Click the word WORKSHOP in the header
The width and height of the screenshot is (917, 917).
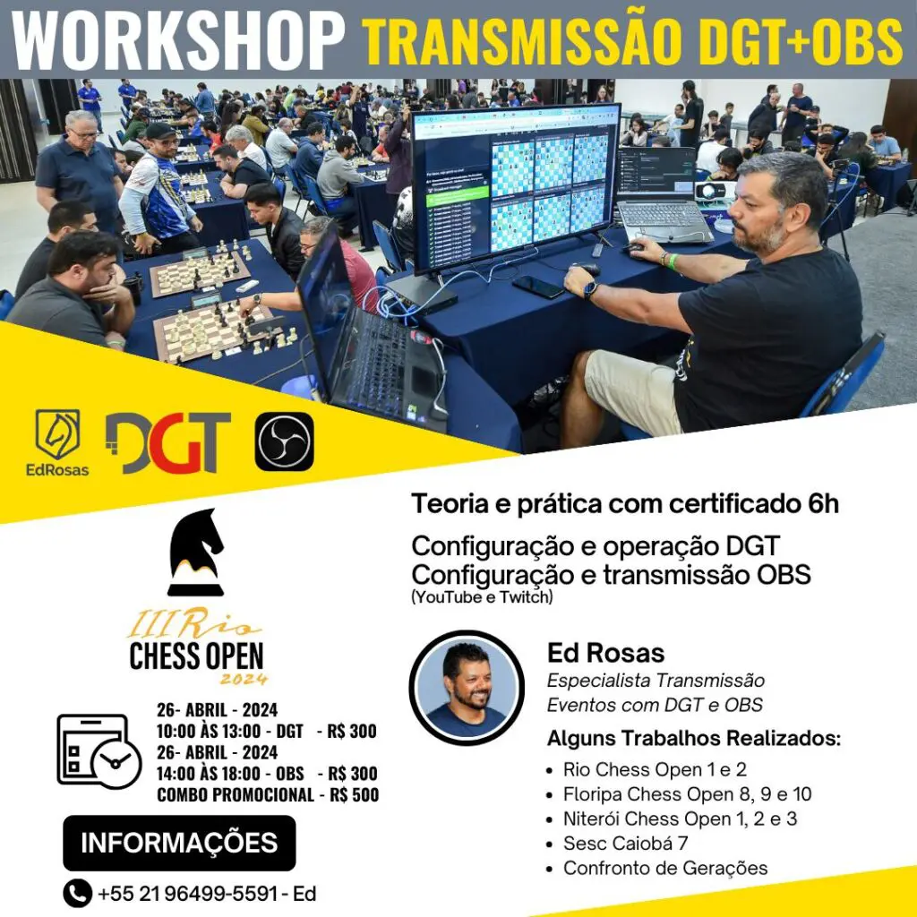178,39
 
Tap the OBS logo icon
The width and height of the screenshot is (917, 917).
284,441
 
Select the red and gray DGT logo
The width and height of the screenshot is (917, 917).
167,442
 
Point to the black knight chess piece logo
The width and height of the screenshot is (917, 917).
196,552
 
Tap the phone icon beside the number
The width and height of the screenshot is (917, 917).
77,893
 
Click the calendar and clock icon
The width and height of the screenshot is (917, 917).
99,751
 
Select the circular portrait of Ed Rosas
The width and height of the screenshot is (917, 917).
467,688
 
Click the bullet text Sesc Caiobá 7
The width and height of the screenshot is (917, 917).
625,844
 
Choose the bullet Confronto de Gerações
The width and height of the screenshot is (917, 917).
665,868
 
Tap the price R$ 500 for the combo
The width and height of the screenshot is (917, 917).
354,795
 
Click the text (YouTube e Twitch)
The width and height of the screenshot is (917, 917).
482,597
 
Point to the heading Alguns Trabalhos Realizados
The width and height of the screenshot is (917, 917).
694,738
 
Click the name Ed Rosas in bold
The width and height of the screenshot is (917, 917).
606,653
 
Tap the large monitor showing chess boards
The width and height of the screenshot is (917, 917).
515,187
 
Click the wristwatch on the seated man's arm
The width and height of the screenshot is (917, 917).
589,289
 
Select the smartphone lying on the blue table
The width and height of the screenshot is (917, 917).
537,287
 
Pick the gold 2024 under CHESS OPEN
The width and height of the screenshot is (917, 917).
244,679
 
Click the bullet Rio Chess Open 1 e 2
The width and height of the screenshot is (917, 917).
655,769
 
